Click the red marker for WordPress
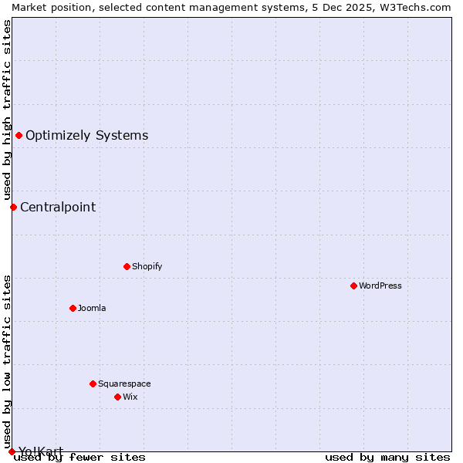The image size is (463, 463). pos(353,286)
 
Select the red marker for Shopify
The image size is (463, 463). pos(127,266)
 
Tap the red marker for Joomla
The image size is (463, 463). pos(73,308)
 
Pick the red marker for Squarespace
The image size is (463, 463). pos(93,384)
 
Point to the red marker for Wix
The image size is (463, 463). pos(117,397)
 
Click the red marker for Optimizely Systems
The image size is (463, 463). pos(19,136)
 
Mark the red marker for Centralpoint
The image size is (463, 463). pos(13,207)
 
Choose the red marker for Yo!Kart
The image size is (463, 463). pos(12,451)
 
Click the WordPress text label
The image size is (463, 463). pos(380,286)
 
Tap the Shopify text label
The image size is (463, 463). pos(147,266)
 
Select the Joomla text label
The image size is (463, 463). pos(92,308)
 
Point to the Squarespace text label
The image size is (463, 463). pos(124,384)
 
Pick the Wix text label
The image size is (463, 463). pos(130,397)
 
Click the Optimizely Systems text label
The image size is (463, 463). pos(86,136)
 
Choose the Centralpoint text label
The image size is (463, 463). pos(58,207)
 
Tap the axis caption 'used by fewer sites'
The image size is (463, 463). pos(80,458)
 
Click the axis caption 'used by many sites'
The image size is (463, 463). pos(387,458)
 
